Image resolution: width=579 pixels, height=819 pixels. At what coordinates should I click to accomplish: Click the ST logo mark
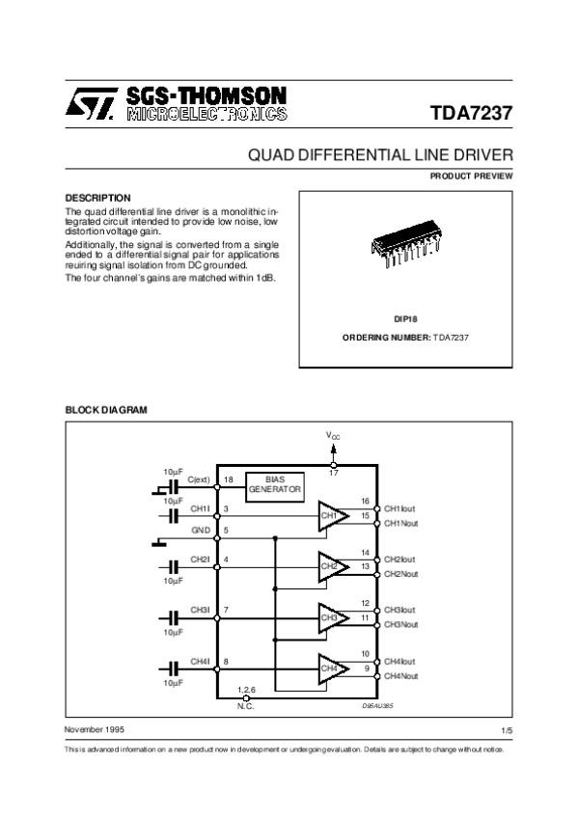[x=90, y=104]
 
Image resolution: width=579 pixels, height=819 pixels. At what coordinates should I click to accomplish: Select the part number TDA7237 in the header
[x=472, y=111]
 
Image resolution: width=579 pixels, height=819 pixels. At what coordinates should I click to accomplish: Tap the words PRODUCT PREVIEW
[x=472, y=176]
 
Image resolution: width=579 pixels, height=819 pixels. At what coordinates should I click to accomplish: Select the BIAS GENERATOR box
[x=275, y=484]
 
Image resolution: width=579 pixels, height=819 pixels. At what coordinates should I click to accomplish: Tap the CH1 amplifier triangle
[x=332, y=516]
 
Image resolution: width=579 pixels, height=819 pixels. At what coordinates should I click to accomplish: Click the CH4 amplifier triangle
[x=332, y=668]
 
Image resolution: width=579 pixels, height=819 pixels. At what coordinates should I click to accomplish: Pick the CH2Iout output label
[x=400, y=560]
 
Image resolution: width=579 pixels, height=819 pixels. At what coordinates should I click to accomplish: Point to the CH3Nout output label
[x=401, y=625]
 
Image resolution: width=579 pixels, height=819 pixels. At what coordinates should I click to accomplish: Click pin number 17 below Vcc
[x=334, y=474]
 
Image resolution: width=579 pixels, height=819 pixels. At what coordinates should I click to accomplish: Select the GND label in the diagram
[x=200, y=530]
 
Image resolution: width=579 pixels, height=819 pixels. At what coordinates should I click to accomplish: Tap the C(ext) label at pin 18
[x=199, y=479]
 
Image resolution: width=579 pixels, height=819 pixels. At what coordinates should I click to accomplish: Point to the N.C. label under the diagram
[x=246, y=707]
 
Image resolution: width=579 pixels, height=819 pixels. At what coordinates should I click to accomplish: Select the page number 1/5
[x=508, y=732]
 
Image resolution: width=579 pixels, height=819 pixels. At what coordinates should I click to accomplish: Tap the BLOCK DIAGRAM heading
[x=105, y=410]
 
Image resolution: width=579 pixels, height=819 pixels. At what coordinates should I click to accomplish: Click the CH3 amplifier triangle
[x=332, y=617]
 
